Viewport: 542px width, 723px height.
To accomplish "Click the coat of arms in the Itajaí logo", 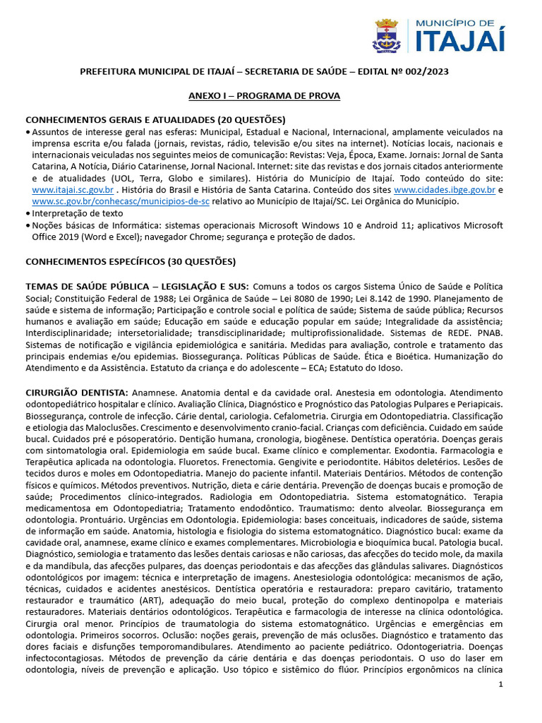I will point(386,36).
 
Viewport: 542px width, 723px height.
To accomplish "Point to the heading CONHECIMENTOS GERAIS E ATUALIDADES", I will point(120,119).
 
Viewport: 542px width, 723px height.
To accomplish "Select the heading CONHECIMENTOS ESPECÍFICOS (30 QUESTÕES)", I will point(131,262).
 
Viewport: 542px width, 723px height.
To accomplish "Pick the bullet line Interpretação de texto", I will point(78,213).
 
